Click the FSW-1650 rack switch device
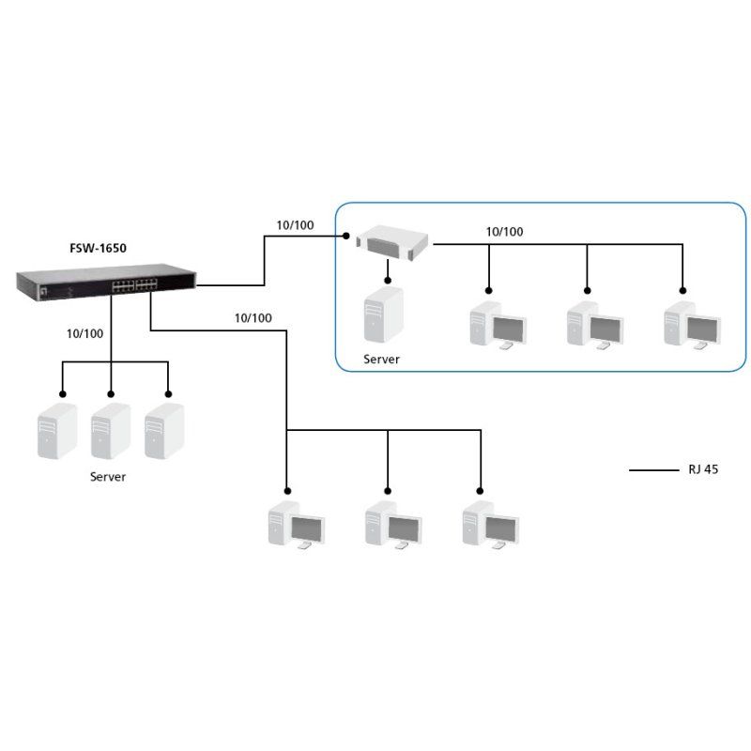pyautogui.click(x=106, y=283)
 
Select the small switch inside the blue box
pyautogui.click(x=393, y=242)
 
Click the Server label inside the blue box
pyautogui.click(x=382, y=360)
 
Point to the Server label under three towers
pyautogui.click(x=108, y=477)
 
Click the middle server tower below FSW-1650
pyautogui.click(x=111, y=432)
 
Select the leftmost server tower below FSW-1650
pyautogui.click(x=56, y=432)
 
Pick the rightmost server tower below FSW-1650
pyautogui.click(x=164, y=432)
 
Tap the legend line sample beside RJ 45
pyautogui.click(x=653, y=469)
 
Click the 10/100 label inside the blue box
pyautogui.click(x=505, y=231)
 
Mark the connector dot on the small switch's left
pyautogui.click(x=346, y=236)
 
